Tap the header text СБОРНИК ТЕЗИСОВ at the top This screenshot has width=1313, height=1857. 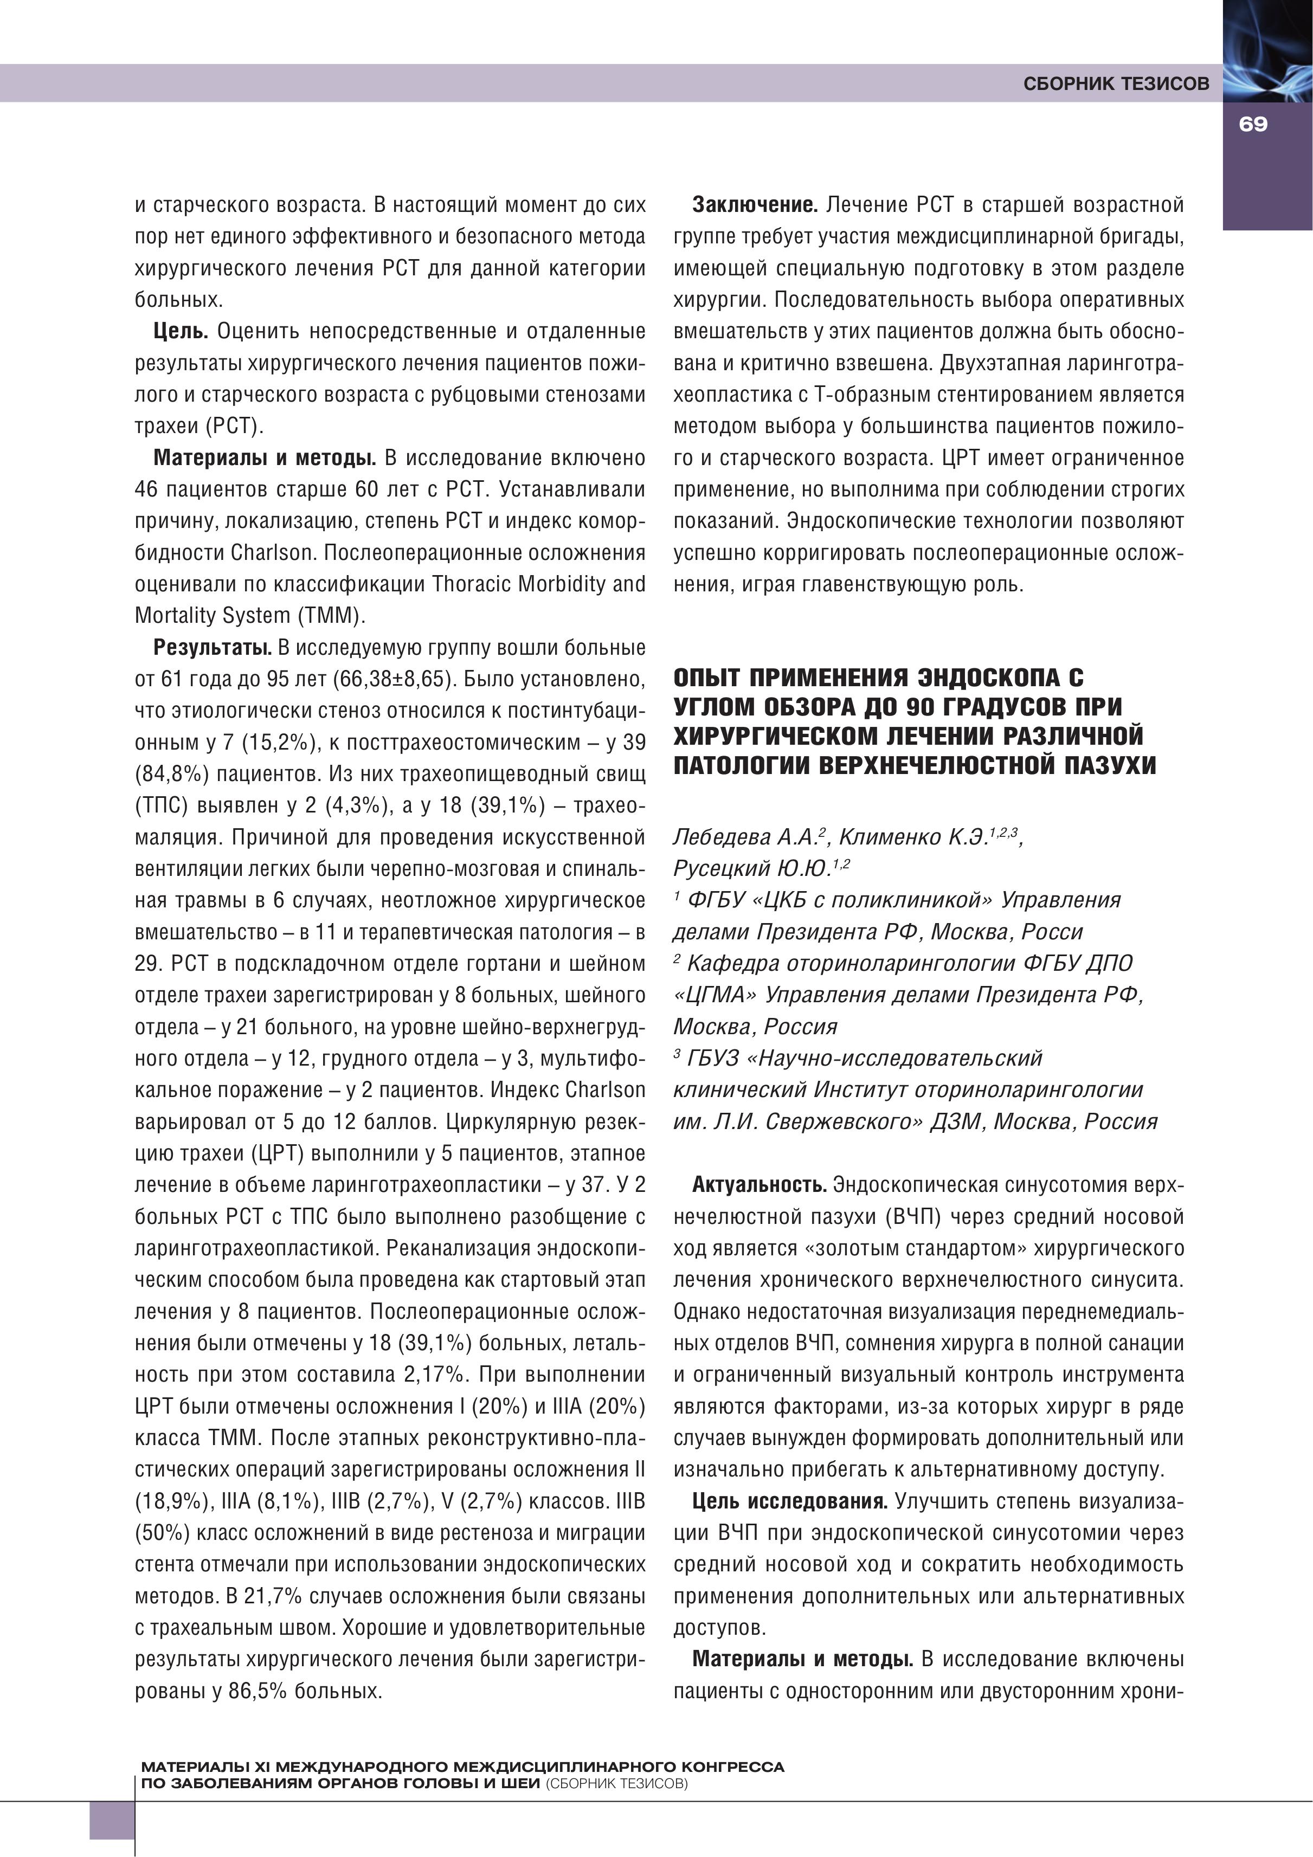(1116, 83)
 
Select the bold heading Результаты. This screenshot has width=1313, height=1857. (212, 647)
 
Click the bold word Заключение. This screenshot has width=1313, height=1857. (755, 205)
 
